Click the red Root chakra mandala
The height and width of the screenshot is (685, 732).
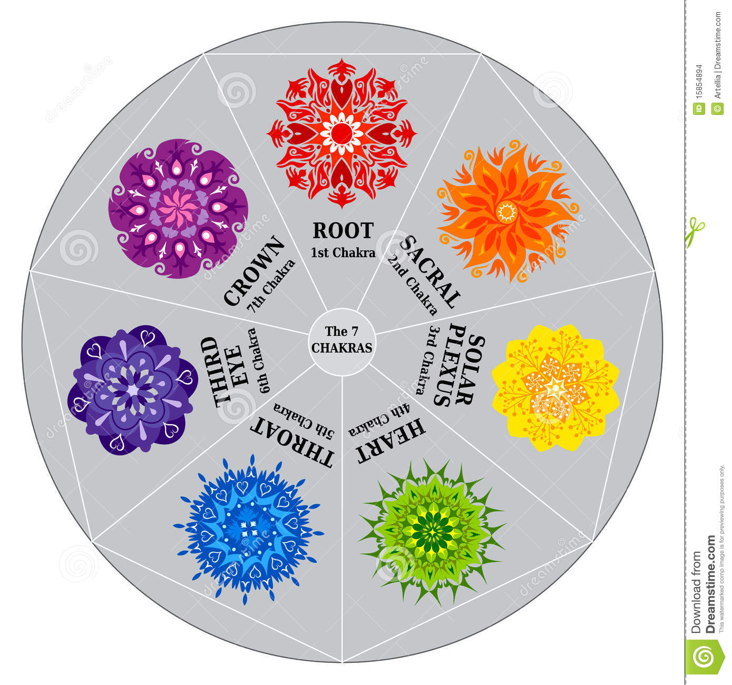[341, 133]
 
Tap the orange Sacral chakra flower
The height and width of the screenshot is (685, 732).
[507, 211]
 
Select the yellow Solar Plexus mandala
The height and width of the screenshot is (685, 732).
[555, 387]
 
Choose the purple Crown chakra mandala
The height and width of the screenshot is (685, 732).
[178, 209]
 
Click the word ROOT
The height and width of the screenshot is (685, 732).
[343, 231]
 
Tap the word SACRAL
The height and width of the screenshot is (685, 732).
[430, 272]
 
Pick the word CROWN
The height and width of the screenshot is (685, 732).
[254, 271]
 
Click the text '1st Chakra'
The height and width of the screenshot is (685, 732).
[343, 252]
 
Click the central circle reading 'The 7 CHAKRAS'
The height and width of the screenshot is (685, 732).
[342, 342]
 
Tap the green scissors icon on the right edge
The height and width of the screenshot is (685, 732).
[695, 231]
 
